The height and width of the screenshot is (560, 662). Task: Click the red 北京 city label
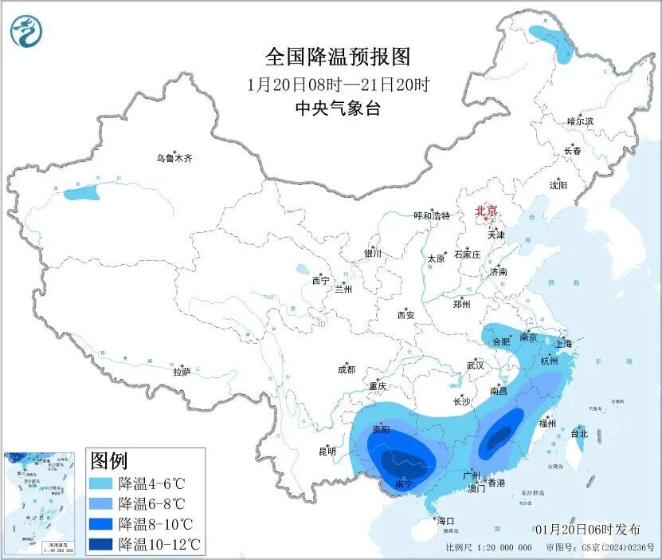[x=486, y=211]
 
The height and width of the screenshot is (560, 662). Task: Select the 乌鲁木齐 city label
[x=174, y=159]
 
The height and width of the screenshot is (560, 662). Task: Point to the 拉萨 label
[x=182, y=371]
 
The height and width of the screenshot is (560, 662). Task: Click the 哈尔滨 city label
[x=580, y=121]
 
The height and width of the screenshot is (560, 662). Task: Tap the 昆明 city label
[x=327, y=452]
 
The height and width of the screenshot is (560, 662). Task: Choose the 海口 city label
[x=446, y=521]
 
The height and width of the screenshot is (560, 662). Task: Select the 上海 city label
[x=563, y=344]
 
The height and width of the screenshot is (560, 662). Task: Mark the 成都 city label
[x=346, y=369]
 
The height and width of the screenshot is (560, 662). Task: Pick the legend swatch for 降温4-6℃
[x=101, y=483]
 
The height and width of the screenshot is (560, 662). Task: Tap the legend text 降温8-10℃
[x=157, y=525]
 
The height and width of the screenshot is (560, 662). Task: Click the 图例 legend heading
[x=110, y=460]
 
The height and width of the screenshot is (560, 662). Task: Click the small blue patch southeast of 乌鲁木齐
[x=81, y=192]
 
